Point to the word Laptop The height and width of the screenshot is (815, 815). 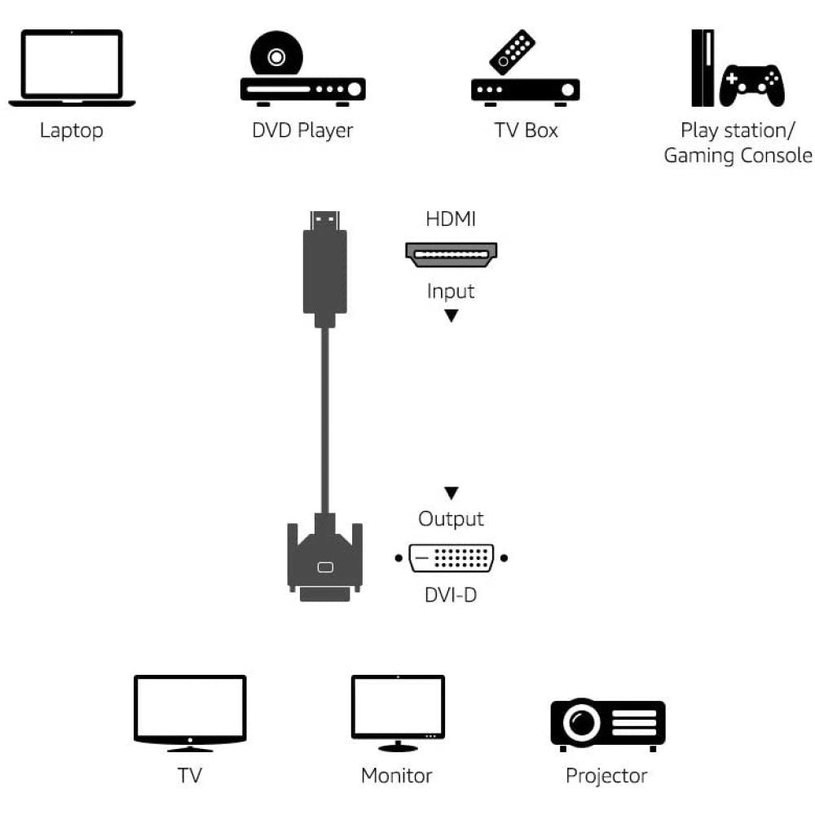[x=72, y=130]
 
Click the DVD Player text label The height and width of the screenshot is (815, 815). [x=302, y=130]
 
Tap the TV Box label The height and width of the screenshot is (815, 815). [x=526, y=130]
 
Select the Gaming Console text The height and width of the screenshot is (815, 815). [x=738, y=156]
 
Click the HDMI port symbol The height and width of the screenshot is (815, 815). [x=452, y=254]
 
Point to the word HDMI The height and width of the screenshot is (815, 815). [x=451, y=219]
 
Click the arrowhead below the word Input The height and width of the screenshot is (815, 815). [x=451, y=315]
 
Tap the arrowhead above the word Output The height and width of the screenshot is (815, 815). [x=451, y=493]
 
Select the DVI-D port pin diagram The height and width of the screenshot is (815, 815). [x=451, y=559]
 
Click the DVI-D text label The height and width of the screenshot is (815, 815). [x=451, y=595]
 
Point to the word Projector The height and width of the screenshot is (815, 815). [x=606, y=775]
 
